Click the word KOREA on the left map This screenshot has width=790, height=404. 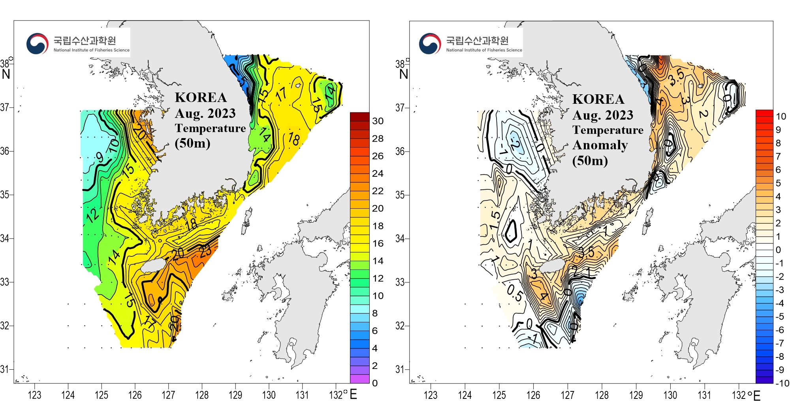point(201,97)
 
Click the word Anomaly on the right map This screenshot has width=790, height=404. point(600,145)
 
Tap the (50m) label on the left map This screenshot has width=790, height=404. point(192,143)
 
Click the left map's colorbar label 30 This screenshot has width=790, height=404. point(378,121)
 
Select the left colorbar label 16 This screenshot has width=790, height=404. point(378,243)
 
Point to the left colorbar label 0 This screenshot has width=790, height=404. point(375,383)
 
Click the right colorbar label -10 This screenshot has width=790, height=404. point(782,383)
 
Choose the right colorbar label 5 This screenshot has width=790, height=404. point(778,183)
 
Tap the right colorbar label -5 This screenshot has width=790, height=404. point(779,316)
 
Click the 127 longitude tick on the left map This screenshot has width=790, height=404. point(168,395)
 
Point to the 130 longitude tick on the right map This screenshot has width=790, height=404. point(670,395)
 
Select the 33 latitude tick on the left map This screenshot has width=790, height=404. point(5,282)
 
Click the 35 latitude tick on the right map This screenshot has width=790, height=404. point(400,195)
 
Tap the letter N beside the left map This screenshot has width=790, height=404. point(6,74)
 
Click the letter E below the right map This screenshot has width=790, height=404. point(757,396)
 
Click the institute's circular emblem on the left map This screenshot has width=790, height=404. point(37,43)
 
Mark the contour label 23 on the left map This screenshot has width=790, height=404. point(205,251)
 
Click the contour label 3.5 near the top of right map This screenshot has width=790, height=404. point(676,76)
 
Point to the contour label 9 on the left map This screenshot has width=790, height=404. point(100,157)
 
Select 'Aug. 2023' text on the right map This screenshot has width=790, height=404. point(602,115)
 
